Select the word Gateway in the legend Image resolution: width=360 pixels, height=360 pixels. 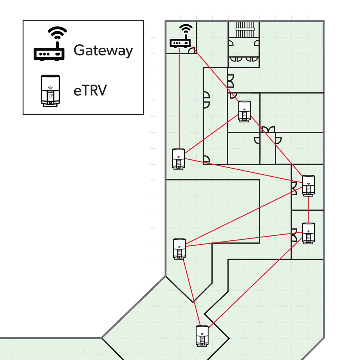(103, 50)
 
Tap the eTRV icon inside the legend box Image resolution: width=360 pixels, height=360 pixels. (50, 91)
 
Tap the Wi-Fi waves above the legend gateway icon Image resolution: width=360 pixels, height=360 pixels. (57, 33)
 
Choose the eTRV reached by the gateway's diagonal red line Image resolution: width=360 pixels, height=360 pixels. (244, 111)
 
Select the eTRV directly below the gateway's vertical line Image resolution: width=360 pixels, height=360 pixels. (178, 159)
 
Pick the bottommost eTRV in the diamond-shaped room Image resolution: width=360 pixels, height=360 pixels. (202, 336)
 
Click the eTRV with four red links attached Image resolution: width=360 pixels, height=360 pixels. (308, 186)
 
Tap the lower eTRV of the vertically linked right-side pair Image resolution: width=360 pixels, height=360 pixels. (308, 233)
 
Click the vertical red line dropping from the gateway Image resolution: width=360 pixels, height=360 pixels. (179, 100)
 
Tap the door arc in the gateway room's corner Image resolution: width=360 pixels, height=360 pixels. (192, 50)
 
